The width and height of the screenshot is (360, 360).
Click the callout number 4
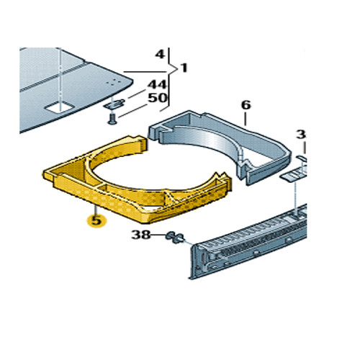tap(160, 55)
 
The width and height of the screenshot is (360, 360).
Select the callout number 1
tap(184, 68)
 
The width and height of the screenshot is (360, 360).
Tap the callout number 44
tap(157, 85)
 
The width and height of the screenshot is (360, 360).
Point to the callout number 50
tap(157, 98)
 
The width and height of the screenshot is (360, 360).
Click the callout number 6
tap(246, 105)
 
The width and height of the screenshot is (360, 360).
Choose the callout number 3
tap(301, 135)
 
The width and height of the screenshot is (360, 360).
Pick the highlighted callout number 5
tap(96, 220)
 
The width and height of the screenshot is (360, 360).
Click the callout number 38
tap(141, 235)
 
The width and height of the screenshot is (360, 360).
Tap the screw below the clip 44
tap(112, 120)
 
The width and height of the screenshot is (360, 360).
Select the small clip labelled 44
tap(114, 104)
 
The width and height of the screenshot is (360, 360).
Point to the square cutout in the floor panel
tap(59, 107)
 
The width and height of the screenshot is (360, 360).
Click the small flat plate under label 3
tap(293, 176)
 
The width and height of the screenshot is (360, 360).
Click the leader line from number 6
tap(245, 119)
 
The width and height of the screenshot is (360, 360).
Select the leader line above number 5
tap(96, 210)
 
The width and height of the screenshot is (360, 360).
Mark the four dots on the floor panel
tap(114, 82)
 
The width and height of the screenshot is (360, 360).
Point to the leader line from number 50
tap(132, 111)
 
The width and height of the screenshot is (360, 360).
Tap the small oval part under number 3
tap(301, 158)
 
